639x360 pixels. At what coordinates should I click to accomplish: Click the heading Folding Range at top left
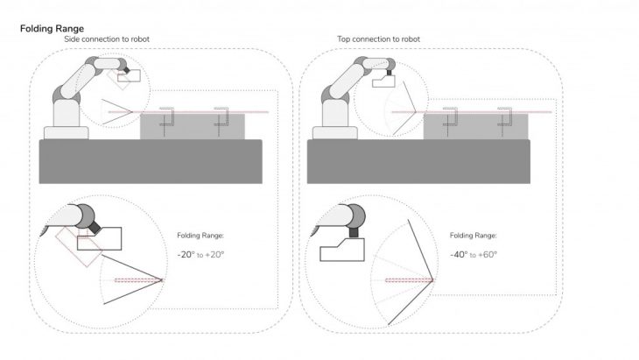[52, 29]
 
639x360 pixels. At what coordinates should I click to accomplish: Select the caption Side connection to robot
[107, 39]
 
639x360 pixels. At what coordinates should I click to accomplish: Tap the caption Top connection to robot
[378, 39]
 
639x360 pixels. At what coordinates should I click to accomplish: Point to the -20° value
[186, 255]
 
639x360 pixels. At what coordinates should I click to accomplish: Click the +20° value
[214, 255]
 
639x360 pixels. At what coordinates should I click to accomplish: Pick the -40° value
[459, 255]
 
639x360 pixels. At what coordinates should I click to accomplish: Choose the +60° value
[488, 255]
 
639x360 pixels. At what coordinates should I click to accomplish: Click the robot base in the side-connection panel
[66, 133]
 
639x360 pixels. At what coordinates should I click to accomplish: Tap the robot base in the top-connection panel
[335, 133]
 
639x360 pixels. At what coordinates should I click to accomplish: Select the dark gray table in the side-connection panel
[151, 161]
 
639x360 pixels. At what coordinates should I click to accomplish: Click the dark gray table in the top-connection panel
[418, 161]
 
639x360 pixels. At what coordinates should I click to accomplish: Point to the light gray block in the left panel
[193, 126]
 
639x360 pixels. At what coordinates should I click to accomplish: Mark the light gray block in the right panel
[475, 126]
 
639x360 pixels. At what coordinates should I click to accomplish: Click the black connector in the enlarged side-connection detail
[95, 227]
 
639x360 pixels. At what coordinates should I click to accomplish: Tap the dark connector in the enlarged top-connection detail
[354, 232]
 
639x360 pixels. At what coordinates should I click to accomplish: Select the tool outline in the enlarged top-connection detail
[342, 250]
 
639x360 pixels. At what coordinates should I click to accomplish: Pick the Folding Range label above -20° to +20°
[200, 236]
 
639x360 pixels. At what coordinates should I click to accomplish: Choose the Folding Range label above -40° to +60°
[474, 236]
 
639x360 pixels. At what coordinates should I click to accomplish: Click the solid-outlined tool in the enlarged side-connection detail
[100, 239]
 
